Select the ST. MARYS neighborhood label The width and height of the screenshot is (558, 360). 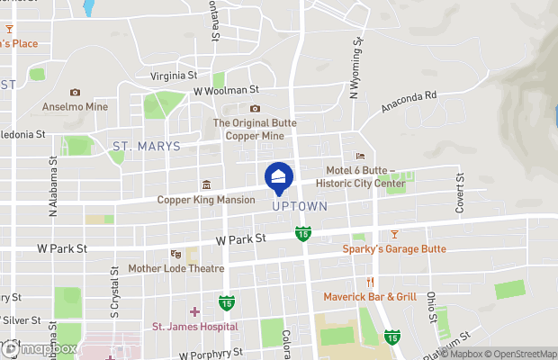pos(146,146)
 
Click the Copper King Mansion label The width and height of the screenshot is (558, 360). pos(206,200)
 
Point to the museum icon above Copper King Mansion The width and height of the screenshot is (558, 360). pos(206,185)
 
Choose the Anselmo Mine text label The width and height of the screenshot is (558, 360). pos(75,106)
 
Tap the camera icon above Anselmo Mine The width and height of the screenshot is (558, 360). pos(75,92)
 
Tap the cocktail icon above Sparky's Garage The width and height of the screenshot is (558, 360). pos(394,235)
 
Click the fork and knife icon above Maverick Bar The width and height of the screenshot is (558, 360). pos(370,282)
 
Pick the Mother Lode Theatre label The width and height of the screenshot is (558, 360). pos(175,268)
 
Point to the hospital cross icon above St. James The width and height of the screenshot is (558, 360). pos(194,311)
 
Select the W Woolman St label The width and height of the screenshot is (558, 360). pos(226,90)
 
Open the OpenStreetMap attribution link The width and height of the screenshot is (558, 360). pos(514,352)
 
